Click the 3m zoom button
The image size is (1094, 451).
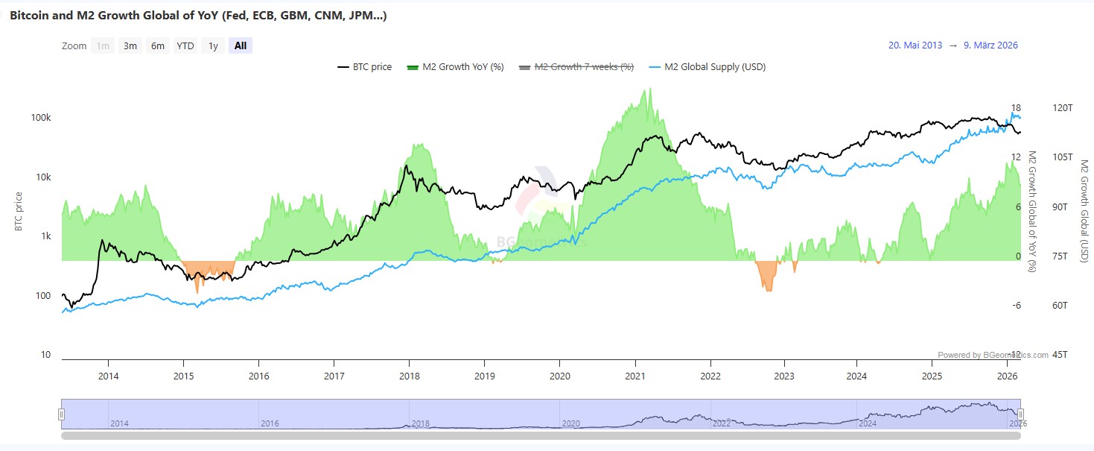[x=130, y=45]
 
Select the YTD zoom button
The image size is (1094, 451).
[x=185, y=45]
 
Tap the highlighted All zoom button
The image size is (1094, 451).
[x=241, y=45]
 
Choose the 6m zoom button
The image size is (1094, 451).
[x=158, y=45]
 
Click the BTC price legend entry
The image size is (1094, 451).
[x=364, y=67]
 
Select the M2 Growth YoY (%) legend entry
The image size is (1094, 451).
[x=455, y=67]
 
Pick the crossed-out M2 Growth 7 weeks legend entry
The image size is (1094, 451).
[x=576, y=67]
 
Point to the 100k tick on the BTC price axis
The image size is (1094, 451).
[x=41, y=119]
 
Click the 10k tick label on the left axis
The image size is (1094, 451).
[x=43, y=177]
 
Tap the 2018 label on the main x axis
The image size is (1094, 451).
[x=409, y=375]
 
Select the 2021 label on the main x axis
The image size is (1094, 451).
[x=635, y=375]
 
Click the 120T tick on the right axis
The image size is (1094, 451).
[x=1063, y=108]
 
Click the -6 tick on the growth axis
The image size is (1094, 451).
[x=1015, y=306]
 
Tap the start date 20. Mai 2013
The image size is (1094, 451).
[x=915, y=45]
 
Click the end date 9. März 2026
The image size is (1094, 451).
[x=990, y=45]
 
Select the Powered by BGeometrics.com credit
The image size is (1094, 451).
[x=993, y=355]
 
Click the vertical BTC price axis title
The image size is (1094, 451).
[x=19, y=211]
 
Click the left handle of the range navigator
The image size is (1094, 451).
[x=62, y=414]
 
